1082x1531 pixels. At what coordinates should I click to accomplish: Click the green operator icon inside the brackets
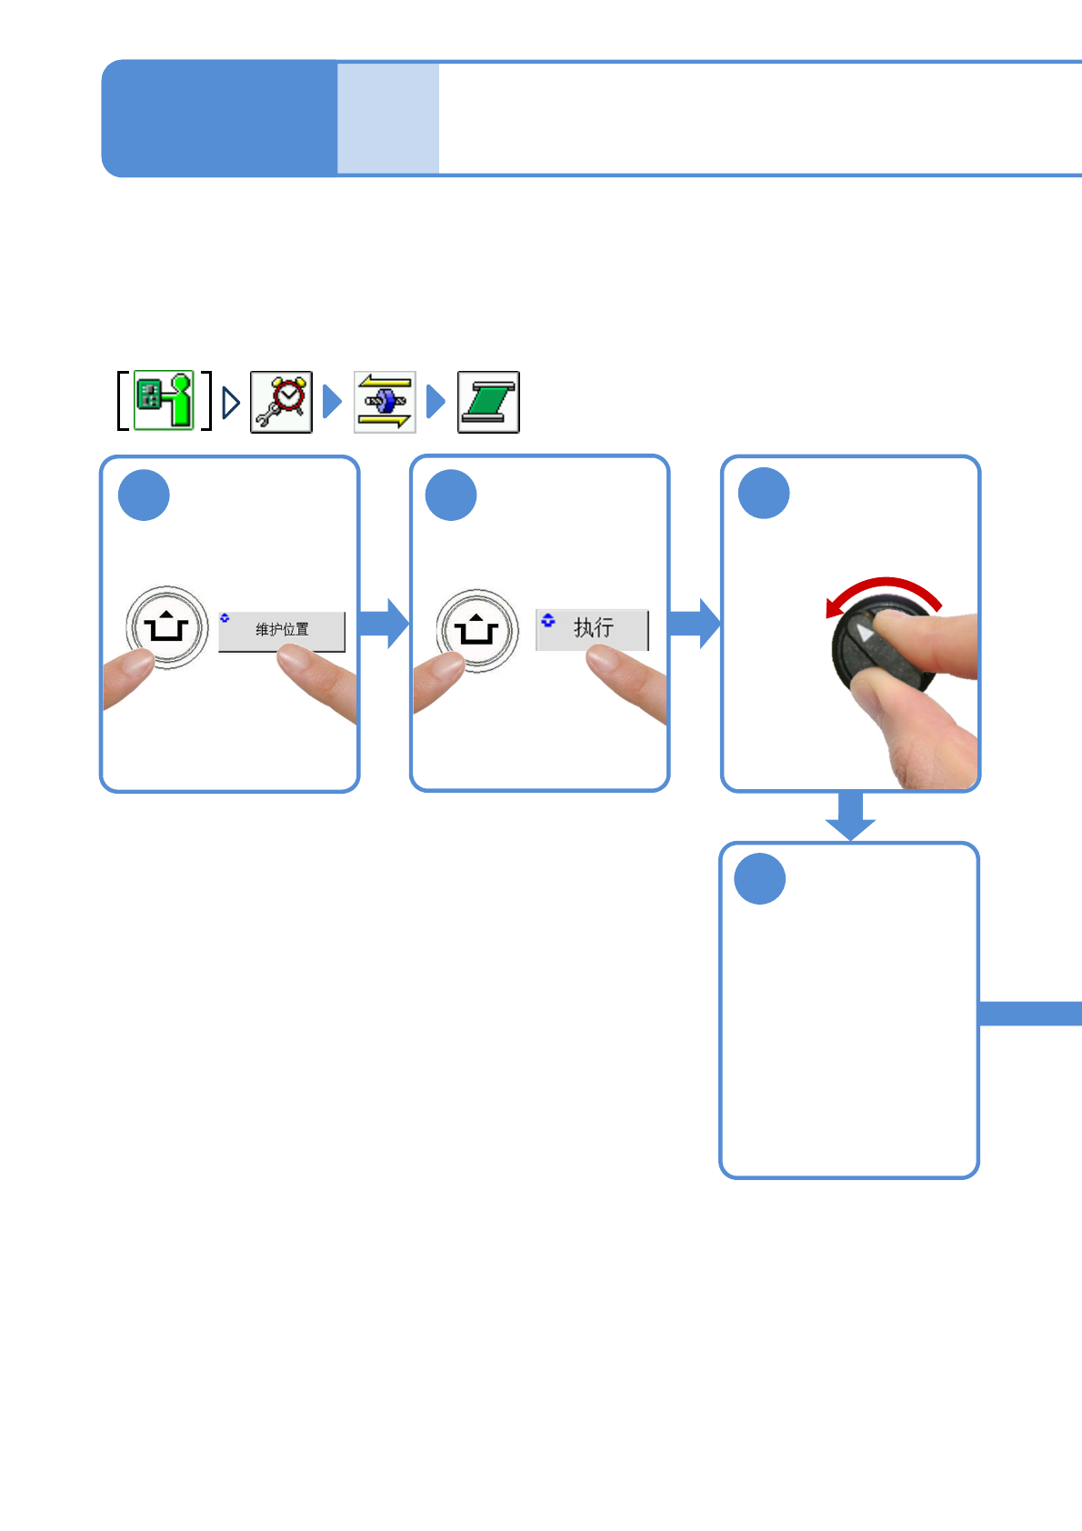(165, 400)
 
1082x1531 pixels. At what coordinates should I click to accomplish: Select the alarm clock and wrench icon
(281, 402)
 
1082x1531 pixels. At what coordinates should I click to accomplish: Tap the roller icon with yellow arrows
(385, 402)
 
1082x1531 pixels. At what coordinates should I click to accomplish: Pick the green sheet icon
(488, 402)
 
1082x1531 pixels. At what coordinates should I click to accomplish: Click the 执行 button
(592, 629)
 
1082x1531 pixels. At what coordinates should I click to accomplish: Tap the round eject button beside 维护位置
(166, 627)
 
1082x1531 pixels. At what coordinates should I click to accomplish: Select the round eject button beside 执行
(477, 629)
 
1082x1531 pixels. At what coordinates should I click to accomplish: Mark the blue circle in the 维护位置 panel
(144, 495)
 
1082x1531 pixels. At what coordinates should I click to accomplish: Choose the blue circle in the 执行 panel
(451, 495)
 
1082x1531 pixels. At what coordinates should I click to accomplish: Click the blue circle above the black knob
(764, 494)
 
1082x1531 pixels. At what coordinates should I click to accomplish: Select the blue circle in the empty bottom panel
(759, 879)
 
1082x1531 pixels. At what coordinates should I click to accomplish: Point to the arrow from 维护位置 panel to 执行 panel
(385, 624)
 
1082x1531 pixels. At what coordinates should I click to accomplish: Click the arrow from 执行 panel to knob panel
(696, 624)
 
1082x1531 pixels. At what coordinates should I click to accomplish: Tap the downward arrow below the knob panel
(850, 816)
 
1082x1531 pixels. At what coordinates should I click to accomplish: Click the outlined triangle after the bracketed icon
(231, 402)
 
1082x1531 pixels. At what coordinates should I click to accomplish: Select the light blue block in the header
(388, 118)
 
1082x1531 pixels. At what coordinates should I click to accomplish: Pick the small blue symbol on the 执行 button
(547, 620)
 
